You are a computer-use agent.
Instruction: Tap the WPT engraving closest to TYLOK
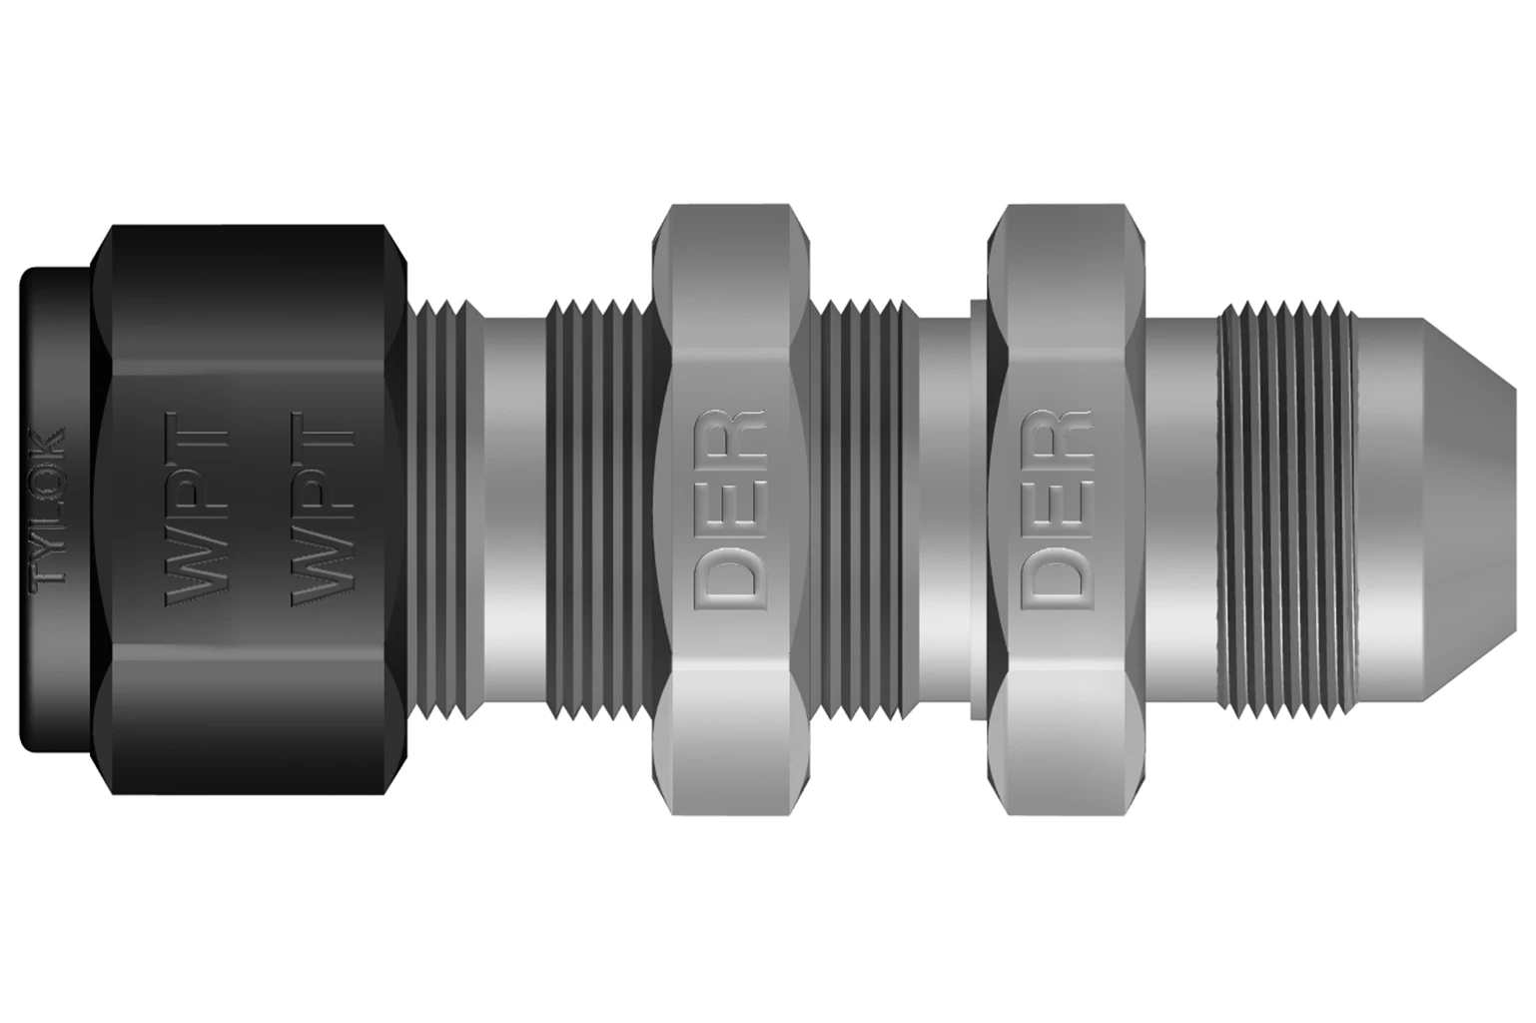click(x=196, y=510)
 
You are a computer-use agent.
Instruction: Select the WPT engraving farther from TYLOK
click(x=323, y=510)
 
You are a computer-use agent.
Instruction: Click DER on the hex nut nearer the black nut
click(x=729, y=510)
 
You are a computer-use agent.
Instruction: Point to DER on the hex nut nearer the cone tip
click(x=1056, y=510)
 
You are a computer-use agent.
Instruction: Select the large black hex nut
click(x=250, y=510)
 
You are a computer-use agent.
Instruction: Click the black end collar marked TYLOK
click(x=56, y=510)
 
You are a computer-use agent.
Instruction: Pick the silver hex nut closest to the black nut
click(x=729, y=510)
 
